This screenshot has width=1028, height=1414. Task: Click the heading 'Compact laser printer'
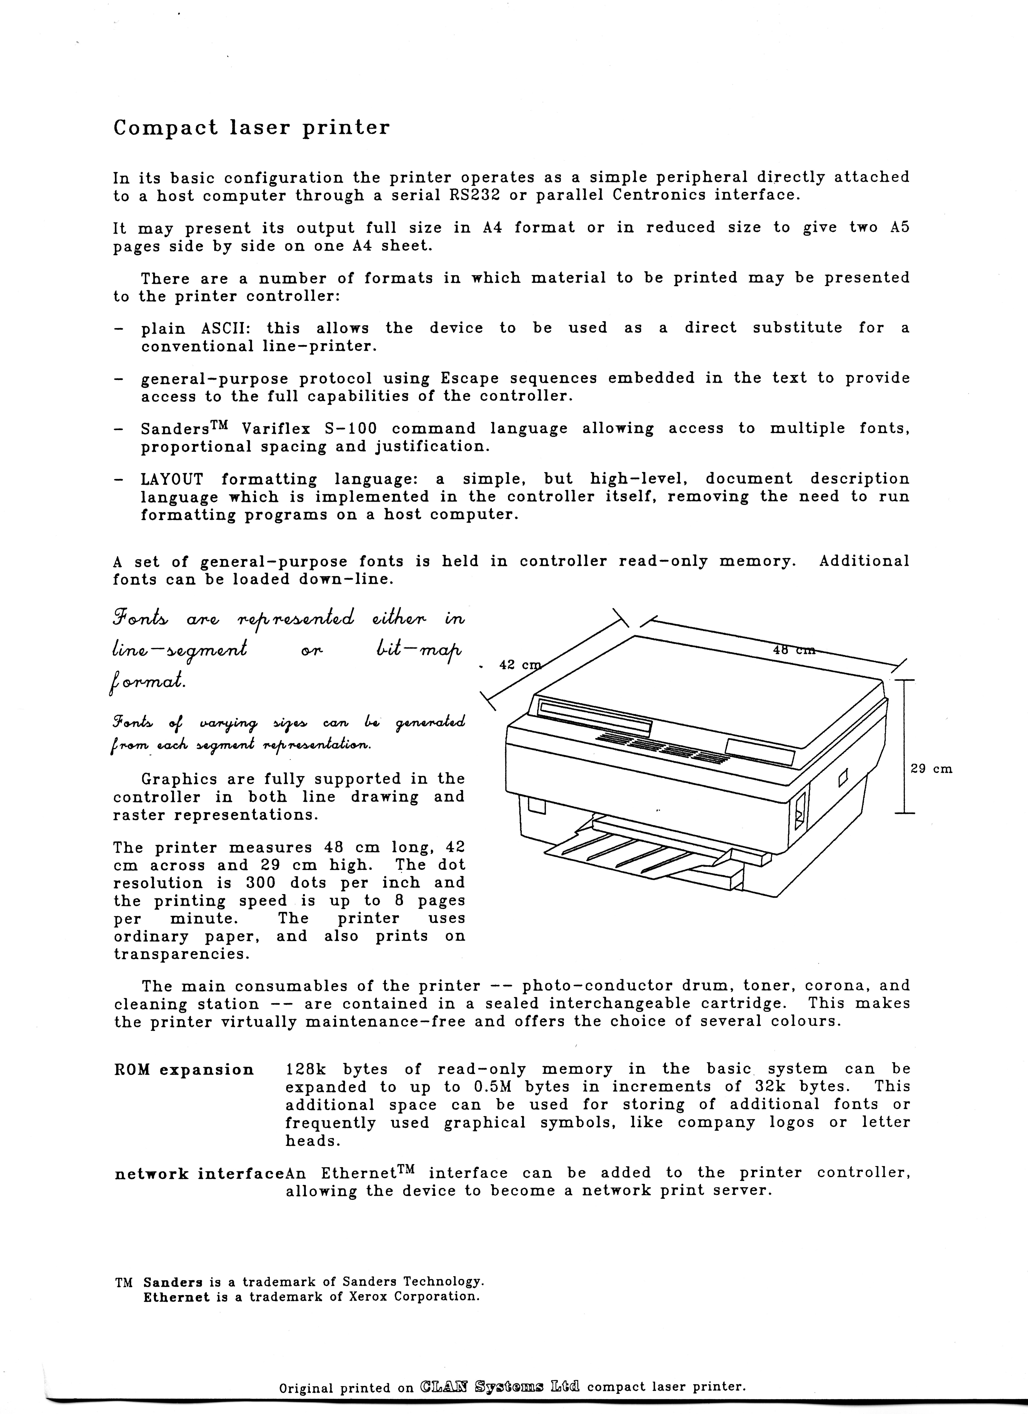(251, 128)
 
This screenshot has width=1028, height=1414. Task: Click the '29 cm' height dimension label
(931, 769)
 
